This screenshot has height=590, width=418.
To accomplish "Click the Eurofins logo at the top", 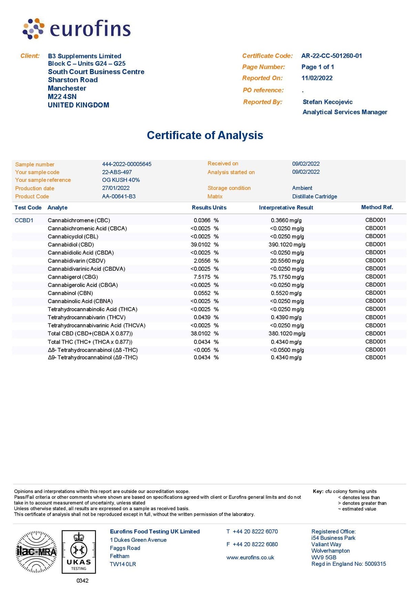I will (76, 29).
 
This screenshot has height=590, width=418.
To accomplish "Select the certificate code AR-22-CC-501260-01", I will (331, 56).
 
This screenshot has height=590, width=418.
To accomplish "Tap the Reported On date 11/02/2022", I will (317, 78).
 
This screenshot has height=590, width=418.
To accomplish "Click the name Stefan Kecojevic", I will (327, 102).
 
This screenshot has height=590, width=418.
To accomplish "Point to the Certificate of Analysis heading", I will (205, 135).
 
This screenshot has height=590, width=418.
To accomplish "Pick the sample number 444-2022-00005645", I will (126, 164).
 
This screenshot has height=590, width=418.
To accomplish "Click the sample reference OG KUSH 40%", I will (121, 180).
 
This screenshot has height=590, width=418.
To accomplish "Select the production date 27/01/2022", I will (116, 188).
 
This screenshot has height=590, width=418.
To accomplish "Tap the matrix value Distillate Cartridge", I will (314, 196).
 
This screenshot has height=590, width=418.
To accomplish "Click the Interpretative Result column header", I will (286, 207).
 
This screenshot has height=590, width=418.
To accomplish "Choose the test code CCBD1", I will (24, 220).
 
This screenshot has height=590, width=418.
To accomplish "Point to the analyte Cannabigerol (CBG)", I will (73, 277).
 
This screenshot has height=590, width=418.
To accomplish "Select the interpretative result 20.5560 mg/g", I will (287, 261).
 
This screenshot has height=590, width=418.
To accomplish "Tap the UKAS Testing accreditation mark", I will (79, 552).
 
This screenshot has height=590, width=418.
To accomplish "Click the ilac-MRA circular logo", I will (36, 552).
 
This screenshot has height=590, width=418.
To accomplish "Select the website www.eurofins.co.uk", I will (250, 558).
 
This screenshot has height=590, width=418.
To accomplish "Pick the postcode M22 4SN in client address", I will (62, 97).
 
